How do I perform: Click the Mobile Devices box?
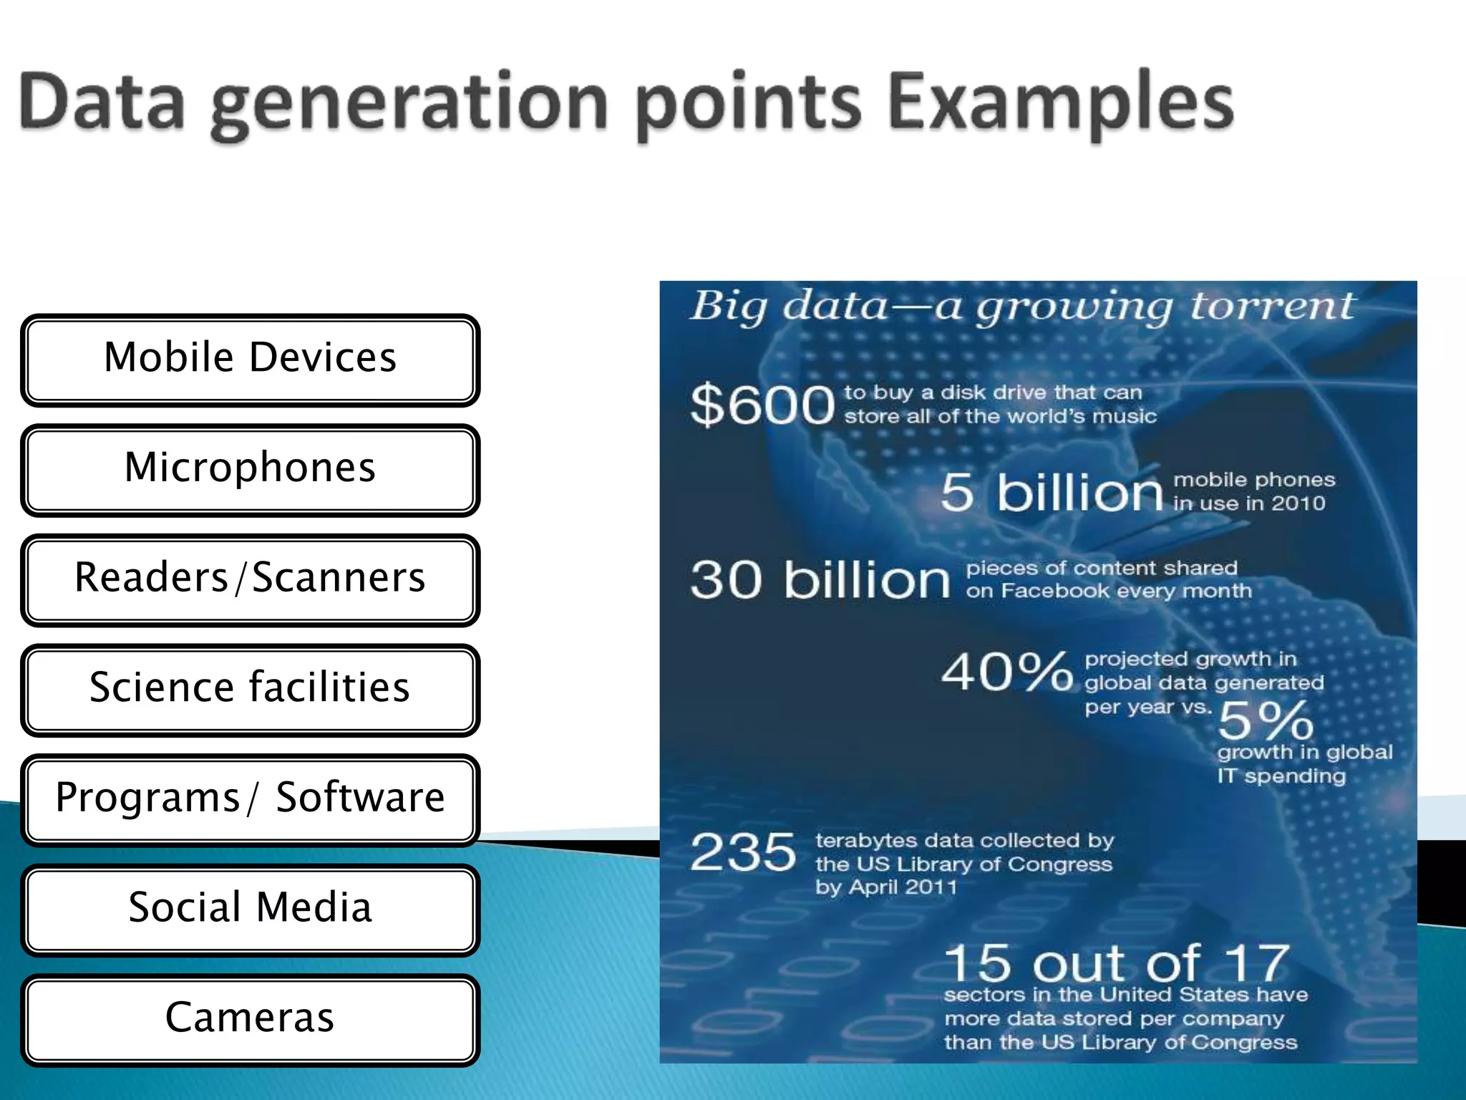250,360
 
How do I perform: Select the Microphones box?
250,470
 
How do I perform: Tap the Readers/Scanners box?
250,580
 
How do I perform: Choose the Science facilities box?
250,690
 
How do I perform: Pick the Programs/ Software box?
250,800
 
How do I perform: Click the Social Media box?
250,910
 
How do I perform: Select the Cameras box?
250,1020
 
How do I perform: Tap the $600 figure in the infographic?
762,405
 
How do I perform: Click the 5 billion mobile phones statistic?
1052,492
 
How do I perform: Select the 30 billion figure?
820,579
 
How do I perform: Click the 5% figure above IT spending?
1266,720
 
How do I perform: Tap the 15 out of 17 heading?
1117,963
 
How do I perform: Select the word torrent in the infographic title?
1273,307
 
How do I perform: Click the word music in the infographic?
1124,417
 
